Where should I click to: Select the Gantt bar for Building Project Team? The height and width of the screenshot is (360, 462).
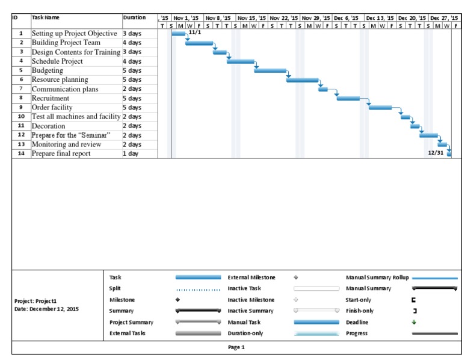(x=199, y=43)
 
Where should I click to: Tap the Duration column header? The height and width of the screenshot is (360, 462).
(x=134, y=17)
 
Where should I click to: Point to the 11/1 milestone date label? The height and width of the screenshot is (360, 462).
(x=194, y=32)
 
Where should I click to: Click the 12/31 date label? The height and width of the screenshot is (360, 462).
(x=436, y=153)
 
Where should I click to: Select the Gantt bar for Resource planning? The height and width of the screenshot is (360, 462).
(x=302, y=79)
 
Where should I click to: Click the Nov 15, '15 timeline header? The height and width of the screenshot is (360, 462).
(x=252, y=18)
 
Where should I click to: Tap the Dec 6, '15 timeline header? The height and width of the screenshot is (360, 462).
(x=346, y=18)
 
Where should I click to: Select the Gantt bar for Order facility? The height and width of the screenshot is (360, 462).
(x=380, y=107)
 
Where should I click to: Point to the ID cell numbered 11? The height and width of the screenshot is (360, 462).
(x=21, y=126)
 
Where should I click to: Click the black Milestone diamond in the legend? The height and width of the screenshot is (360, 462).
(x=177, y=300)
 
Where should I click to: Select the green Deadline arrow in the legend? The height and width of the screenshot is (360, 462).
(x=414, y=322)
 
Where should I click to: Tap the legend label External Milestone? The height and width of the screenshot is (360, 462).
(x=251, y=278)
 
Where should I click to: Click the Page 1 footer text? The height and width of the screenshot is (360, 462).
(x=236, y=347)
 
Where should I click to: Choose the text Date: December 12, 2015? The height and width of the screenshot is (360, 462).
(x=46, y=309)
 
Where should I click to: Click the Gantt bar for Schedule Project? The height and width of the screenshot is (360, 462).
(x=240, y=61)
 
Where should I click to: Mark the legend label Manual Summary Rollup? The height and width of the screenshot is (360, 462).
(x=377, y=278)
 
